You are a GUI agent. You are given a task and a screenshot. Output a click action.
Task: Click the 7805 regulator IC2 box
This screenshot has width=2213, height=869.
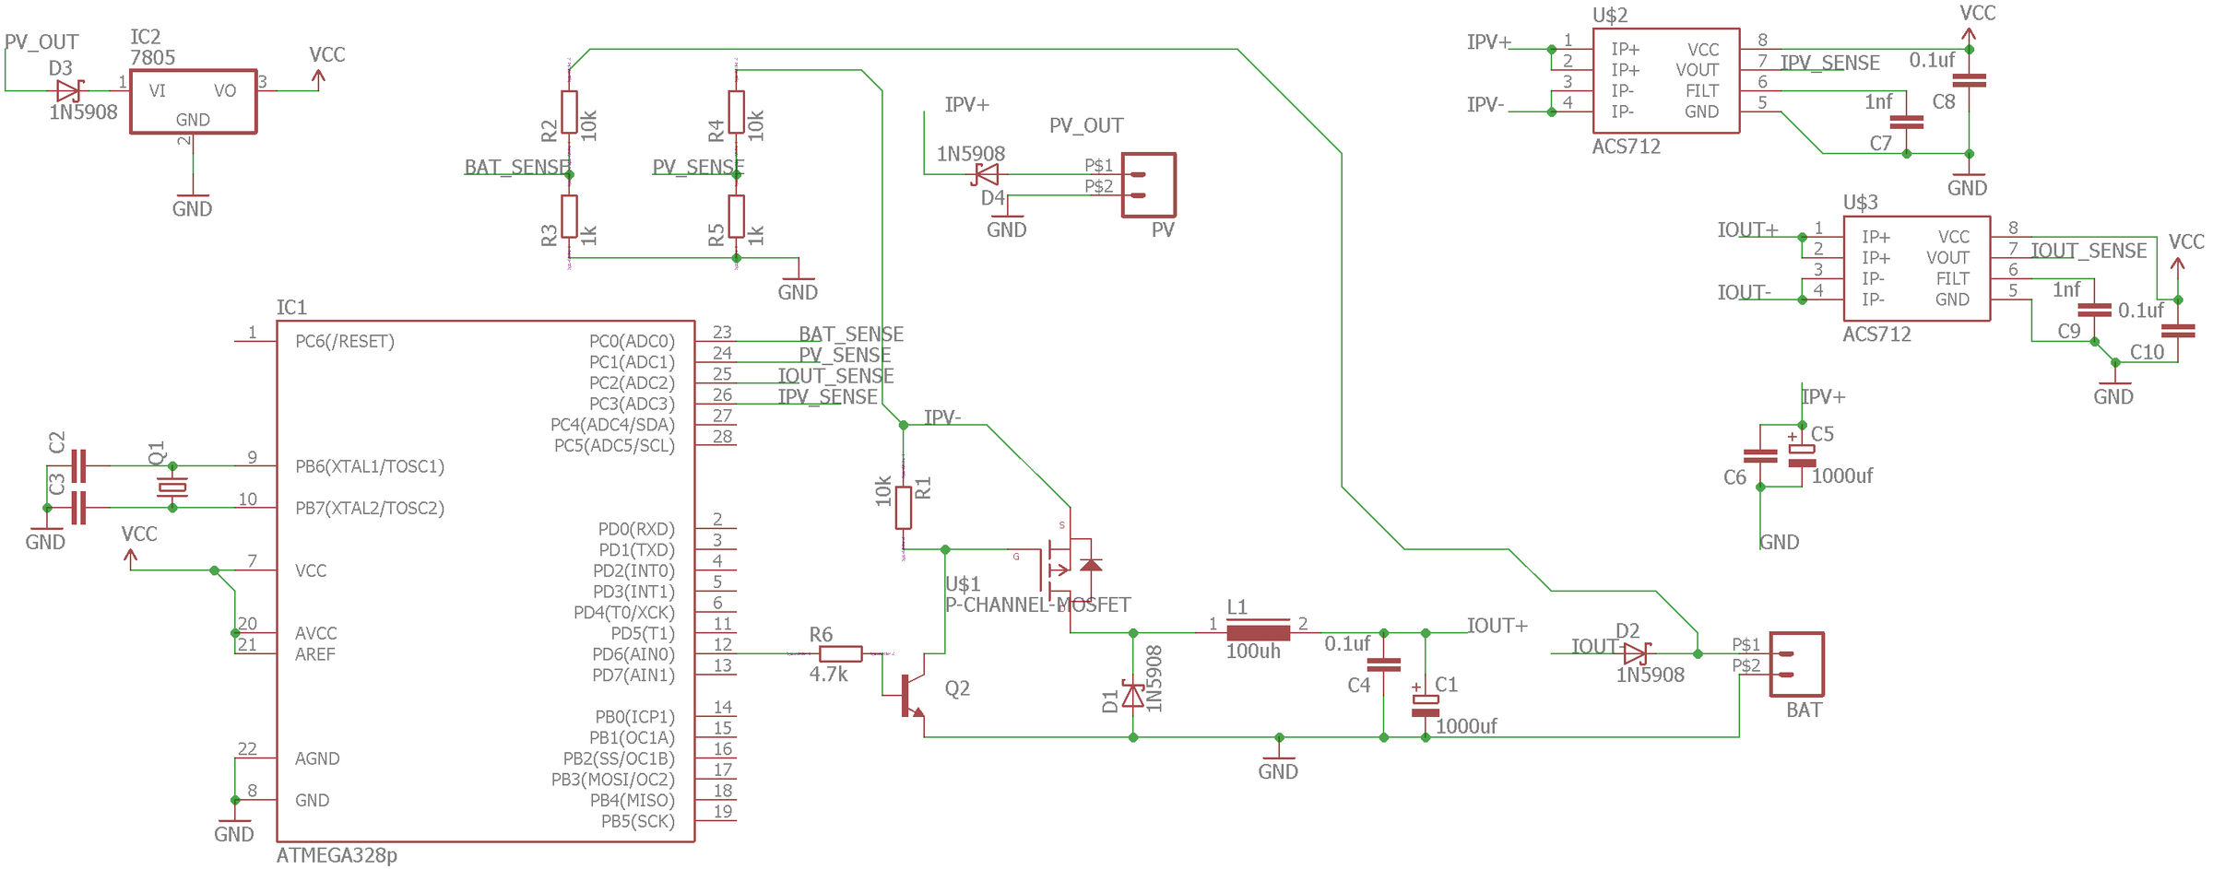pyautogui.click(x=193, y=100)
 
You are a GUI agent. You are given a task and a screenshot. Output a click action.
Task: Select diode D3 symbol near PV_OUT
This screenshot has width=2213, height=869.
pyautogui.click(x=68, y=90)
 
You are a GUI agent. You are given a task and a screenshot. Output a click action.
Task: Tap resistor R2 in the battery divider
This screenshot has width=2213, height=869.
pyautogui.click(x=569, y=112)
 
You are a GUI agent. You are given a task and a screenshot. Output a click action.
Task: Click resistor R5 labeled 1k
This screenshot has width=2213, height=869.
pyautogui.click(x=736, y=216)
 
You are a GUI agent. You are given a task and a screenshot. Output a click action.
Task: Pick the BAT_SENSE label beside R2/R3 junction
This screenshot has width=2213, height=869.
pyautogui.click(x=516, y=167)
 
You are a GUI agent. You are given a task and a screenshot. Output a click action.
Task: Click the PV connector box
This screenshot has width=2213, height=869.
pyautogui.click(x=1148, y=184)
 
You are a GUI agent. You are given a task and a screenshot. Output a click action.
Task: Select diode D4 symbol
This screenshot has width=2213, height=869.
pyautogui.click(x=987, y=174)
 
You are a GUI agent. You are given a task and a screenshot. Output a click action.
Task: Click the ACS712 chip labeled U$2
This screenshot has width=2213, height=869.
pyautogui.click(x=1665, y=80)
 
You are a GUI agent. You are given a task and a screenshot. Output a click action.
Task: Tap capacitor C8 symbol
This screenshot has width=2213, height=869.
pyautogui.click(x=1969, y=80)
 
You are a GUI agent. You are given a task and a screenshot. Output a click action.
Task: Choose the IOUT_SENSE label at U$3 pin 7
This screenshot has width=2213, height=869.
pyautogui.click(x=2089, y=251)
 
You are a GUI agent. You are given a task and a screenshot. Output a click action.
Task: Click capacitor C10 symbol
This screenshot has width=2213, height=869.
pyautogui.click(x=2178, y=331)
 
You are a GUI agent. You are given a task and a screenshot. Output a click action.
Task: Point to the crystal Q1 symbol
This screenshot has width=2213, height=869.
pyautogui.click(x=172, y=487)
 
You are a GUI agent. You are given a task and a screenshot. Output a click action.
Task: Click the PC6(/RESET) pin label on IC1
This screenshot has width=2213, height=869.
pyautogui.click(x=345, y=341)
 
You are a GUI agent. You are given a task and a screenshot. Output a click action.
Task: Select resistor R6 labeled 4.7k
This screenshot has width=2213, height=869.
pyautogui.click(x=840, y=653)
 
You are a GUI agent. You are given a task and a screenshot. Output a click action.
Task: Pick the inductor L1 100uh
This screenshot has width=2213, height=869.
pyautogui.click(x=1258, y=632)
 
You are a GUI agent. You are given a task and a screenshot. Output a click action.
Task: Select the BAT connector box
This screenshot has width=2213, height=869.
pyautogui.click(x=1796, y=663)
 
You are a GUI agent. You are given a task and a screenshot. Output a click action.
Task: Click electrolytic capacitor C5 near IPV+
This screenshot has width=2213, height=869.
pyautogui.click(x=1802, y=455)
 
